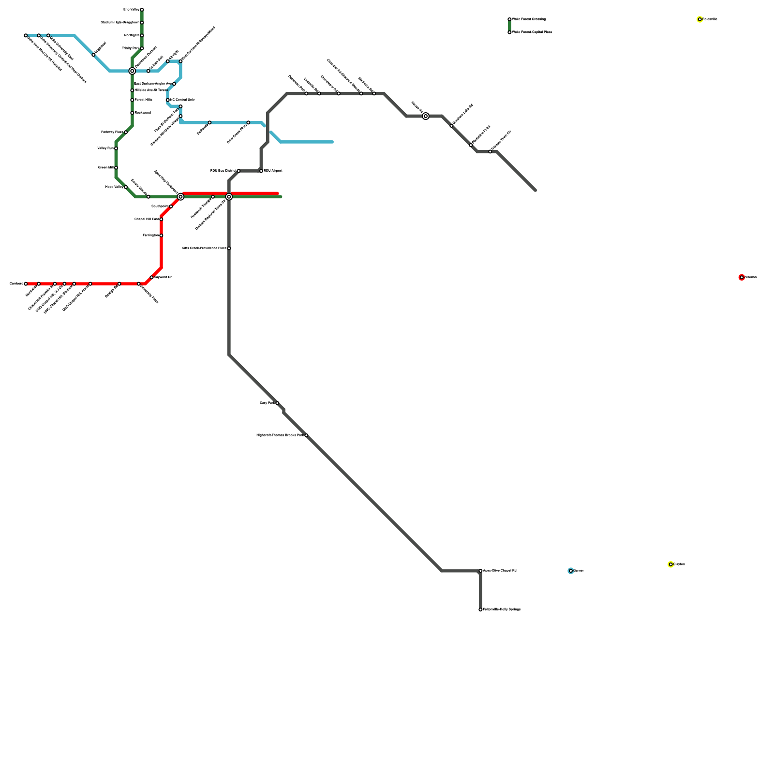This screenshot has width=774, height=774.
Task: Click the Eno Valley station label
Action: click(131, 10)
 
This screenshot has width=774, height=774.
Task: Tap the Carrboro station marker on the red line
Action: click(26, 284)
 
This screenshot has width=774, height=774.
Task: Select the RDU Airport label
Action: click(273, 171)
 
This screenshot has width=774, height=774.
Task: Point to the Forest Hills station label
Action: click(143, 100)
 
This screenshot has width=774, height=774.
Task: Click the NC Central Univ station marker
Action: click(168, 100)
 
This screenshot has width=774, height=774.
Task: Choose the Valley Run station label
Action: click(105, 149)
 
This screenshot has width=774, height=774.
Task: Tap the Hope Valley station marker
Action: click(126, 187)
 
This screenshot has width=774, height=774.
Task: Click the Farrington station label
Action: click(150, 236)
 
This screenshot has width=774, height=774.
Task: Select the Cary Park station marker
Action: click(277, 403)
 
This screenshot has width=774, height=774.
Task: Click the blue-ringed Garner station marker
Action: click(571, 571)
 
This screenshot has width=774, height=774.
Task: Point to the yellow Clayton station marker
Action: click(670, 565)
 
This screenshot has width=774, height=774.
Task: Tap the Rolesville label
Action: click(710, 19)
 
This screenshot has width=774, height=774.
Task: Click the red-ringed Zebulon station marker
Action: click(742, 277)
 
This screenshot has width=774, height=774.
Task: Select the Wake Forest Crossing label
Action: click(529, 19)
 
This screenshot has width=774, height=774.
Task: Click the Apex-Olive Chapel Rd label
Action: click(500, 571)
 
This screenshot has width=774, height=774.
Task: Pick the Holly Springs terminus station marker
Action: click(480, 610)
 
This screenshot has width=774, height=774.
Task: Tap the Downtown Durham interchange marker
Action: click(132, 71)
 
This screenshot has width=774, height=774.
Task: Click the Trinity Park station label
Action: click(131, 48)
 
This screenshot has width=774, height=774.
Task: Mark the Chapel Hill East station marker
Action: click(161, 219)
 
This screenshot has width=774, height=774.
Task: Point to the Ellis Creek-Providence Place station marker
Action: click(229, 248)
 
